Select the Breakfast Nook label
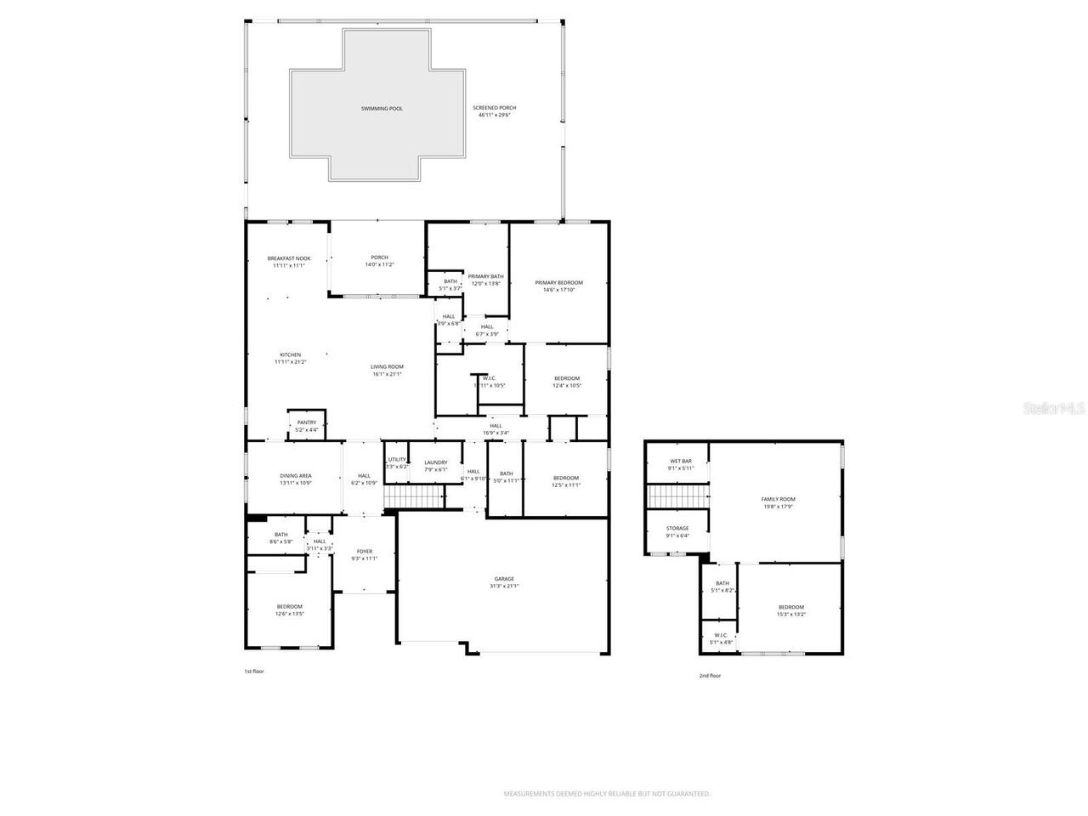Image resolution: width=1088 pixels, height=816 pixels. [x=289, y=258]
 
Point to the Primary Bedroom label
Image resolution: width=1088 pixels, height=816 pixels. [x=558, y=282]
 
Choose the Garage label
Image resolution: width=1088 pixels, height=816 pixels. [x=504, y=579]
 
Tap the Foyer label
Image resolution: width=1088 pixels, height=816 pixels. [x=364, y=551]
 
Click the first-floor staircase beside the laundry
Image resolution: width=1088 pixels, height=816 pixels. [x=414, y=496]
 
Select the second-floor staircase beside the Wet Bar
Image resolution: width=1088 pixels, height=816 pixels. [x=677, y=495]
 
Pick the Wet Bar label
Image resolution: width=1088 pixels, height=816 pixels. [x=681, y=461]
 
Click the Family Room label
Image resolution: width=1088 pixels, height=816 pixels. [x=778, y=499]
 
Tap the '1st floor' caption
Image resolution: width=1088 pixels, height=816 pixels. [x=254, y=671]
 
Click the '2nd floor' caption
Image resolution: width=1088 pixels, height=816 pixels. [x=710, y=676]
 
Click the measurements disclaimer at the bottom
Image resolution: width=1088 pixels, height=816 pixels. [x=607, y=794]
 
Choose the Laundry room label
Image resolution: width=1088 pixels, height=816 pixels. [x=436, y=462]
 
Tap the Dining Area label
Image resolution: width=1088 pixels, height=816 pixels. [x=296, y=476]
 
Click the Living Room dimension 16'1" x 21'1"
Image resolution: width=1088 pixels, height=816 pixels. [x=387, y=374]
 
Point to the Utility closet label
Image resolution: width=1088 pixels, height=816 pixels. [x=397, y=460]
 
